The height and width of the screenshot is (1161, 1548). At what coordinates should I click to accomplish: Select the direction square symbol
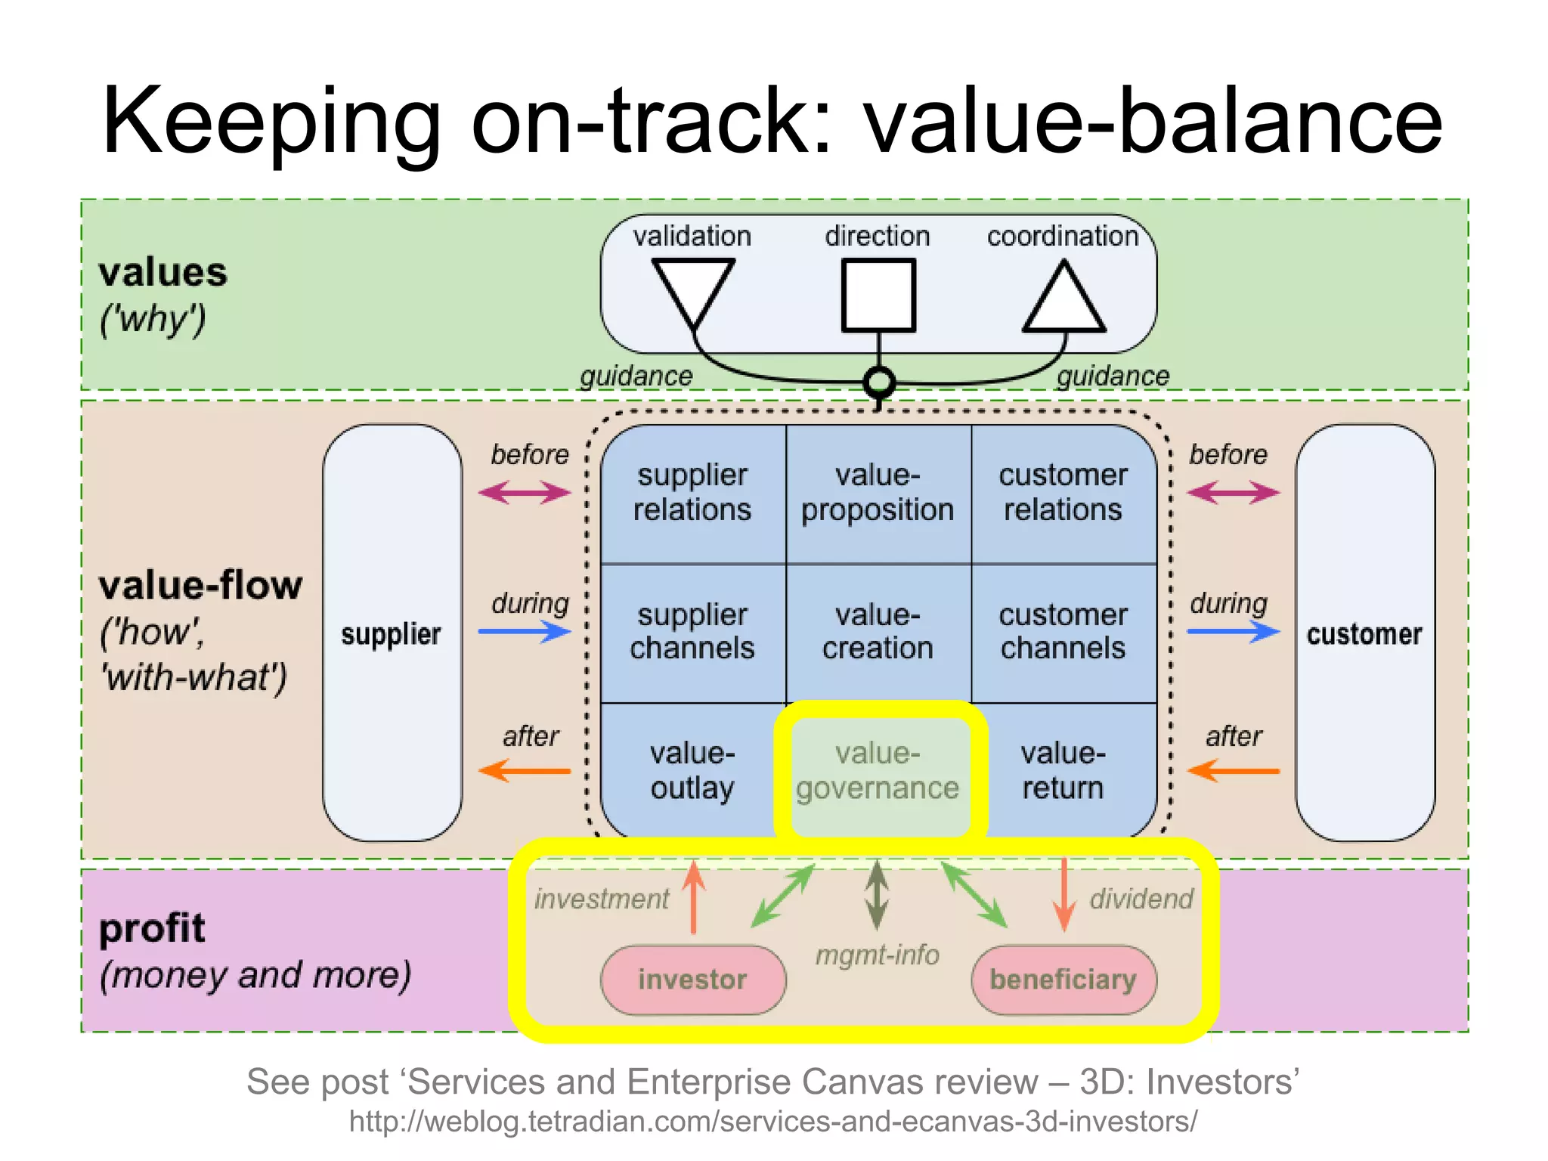[878, 295]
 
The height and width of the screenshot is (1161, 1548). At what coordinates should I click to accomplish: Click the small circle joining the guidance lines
[878, 382]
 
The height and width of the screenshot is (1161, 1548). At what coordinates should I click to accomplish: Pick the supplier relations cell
[692, 493]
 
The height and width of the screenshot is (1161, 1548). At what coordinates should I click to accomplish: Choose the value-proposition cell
[878, 493]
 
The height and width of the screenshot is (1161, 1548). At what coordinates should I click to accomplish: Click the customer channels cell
[1063, 632]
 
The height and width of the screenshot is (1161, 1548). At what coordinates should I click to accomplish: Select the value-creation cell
[878, 632]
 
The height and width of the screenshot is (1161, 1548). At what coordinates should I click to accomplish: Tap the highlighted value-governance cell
[878, 771]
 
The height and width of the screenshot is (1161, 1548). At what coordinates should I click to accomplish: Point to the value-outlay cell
[692, 771]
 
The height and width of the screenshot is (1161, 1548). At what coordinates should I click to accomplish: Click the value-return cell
[1063, 771]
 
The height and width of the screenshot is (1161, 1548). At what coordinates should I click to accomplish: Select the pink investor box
[692, 980]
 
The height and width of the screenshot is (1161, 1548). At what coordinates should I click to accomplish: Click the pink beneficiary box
[1063, 980]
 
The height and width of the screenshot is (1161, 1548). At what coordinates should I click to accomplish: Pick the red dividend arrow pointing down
[1063, 896]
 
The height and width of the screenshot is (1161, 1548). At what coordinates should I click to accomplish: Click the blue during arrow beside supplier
[525, 631]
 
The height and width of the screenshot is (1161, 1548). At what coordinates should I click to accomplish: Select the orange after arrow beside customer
[1233, 771]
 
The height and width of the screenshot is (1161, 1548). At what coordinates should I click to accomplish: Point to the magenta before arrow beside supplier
[525, 494]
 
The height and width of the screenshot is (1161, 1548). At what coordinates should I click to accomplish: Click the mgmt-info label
[877, 955]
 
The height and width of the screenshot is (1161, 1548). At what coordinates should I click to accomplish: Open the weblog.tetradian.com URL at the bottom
[772, 1122]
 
